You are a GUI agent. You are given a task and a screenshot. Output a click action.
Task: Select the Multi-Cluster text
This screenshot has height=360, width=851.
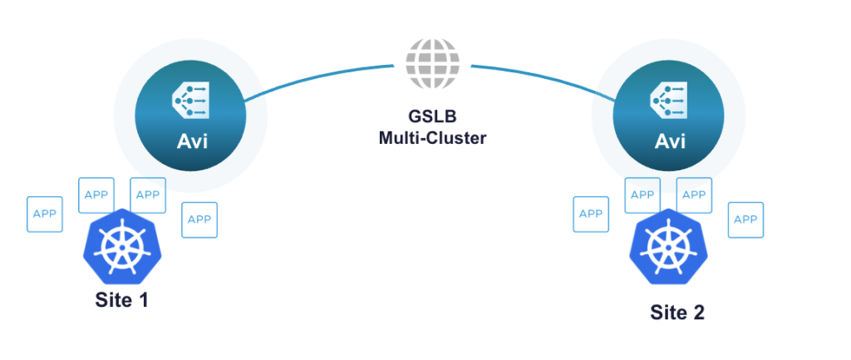[x=426, y=137]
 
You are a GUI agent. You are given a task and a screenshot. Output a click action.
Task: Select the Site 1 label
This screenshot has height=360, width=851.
[x=121, y=300]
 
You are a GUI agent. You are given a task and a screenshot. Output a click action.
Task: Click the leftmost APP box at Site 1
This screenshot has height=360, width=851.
[x=45, y=214]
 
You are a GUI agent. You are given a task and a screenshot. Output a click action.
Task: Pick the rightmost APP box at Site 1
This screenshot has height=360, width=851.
[x=199, y=219]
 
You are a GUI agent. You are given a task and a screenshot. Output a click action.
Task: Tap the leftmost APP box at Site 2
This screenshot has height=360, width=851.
[x=591, y=214]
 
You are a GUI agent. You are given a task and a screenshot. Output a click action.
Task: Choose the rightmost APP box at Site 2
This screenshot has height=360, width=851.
[x=745, y=219]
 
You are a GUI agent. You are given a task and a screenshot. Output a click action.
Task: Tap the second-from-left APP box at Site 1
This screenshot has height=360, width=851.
[x=96, y=195]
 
